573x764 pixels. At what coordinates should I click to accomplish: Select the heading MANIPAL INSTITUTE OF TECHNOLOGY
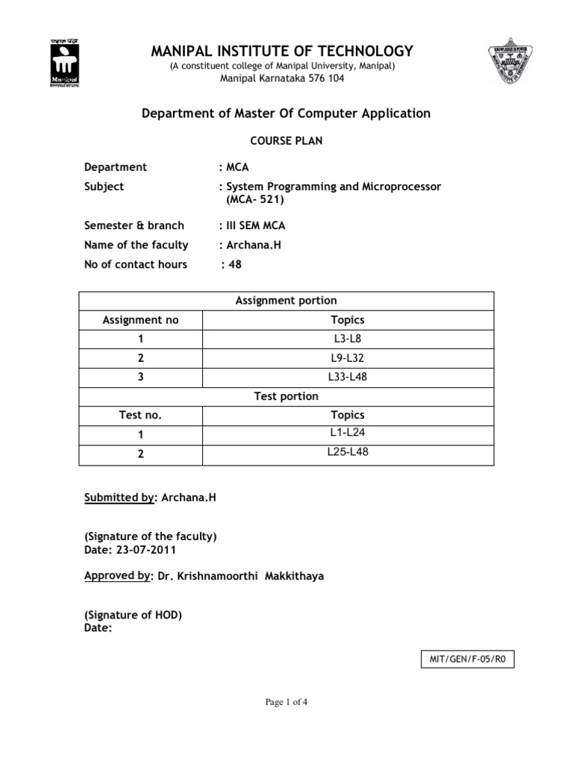(282, 51)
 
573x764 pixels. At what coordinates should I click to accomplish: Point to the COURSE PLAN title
(286, 141)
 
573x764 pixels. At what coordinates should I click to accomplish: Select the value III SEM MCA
(254, 225)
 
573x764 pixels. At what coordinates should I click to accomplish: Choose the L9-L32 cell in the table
(347, 358)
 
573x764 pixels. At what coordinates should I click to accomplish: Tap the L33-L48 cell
(347, 378)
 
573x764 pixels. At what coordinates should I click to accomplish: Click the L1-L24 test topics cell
(347, 433)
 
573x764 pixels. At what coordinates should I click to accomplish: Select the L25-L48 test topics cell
(347, 452)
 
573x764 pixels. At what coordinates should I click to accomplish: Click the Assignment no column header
(140, 320)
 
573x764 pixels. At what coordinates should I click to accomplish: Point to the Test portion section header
(286, 396)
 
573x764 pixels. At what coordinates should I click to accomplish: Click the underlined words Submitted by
(119, 497)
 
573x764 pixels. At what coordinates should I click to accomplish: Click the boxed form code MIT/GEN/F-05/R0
(467, 660)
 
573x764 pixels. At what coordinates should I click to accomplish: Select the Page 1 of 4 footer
(286, 701)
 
